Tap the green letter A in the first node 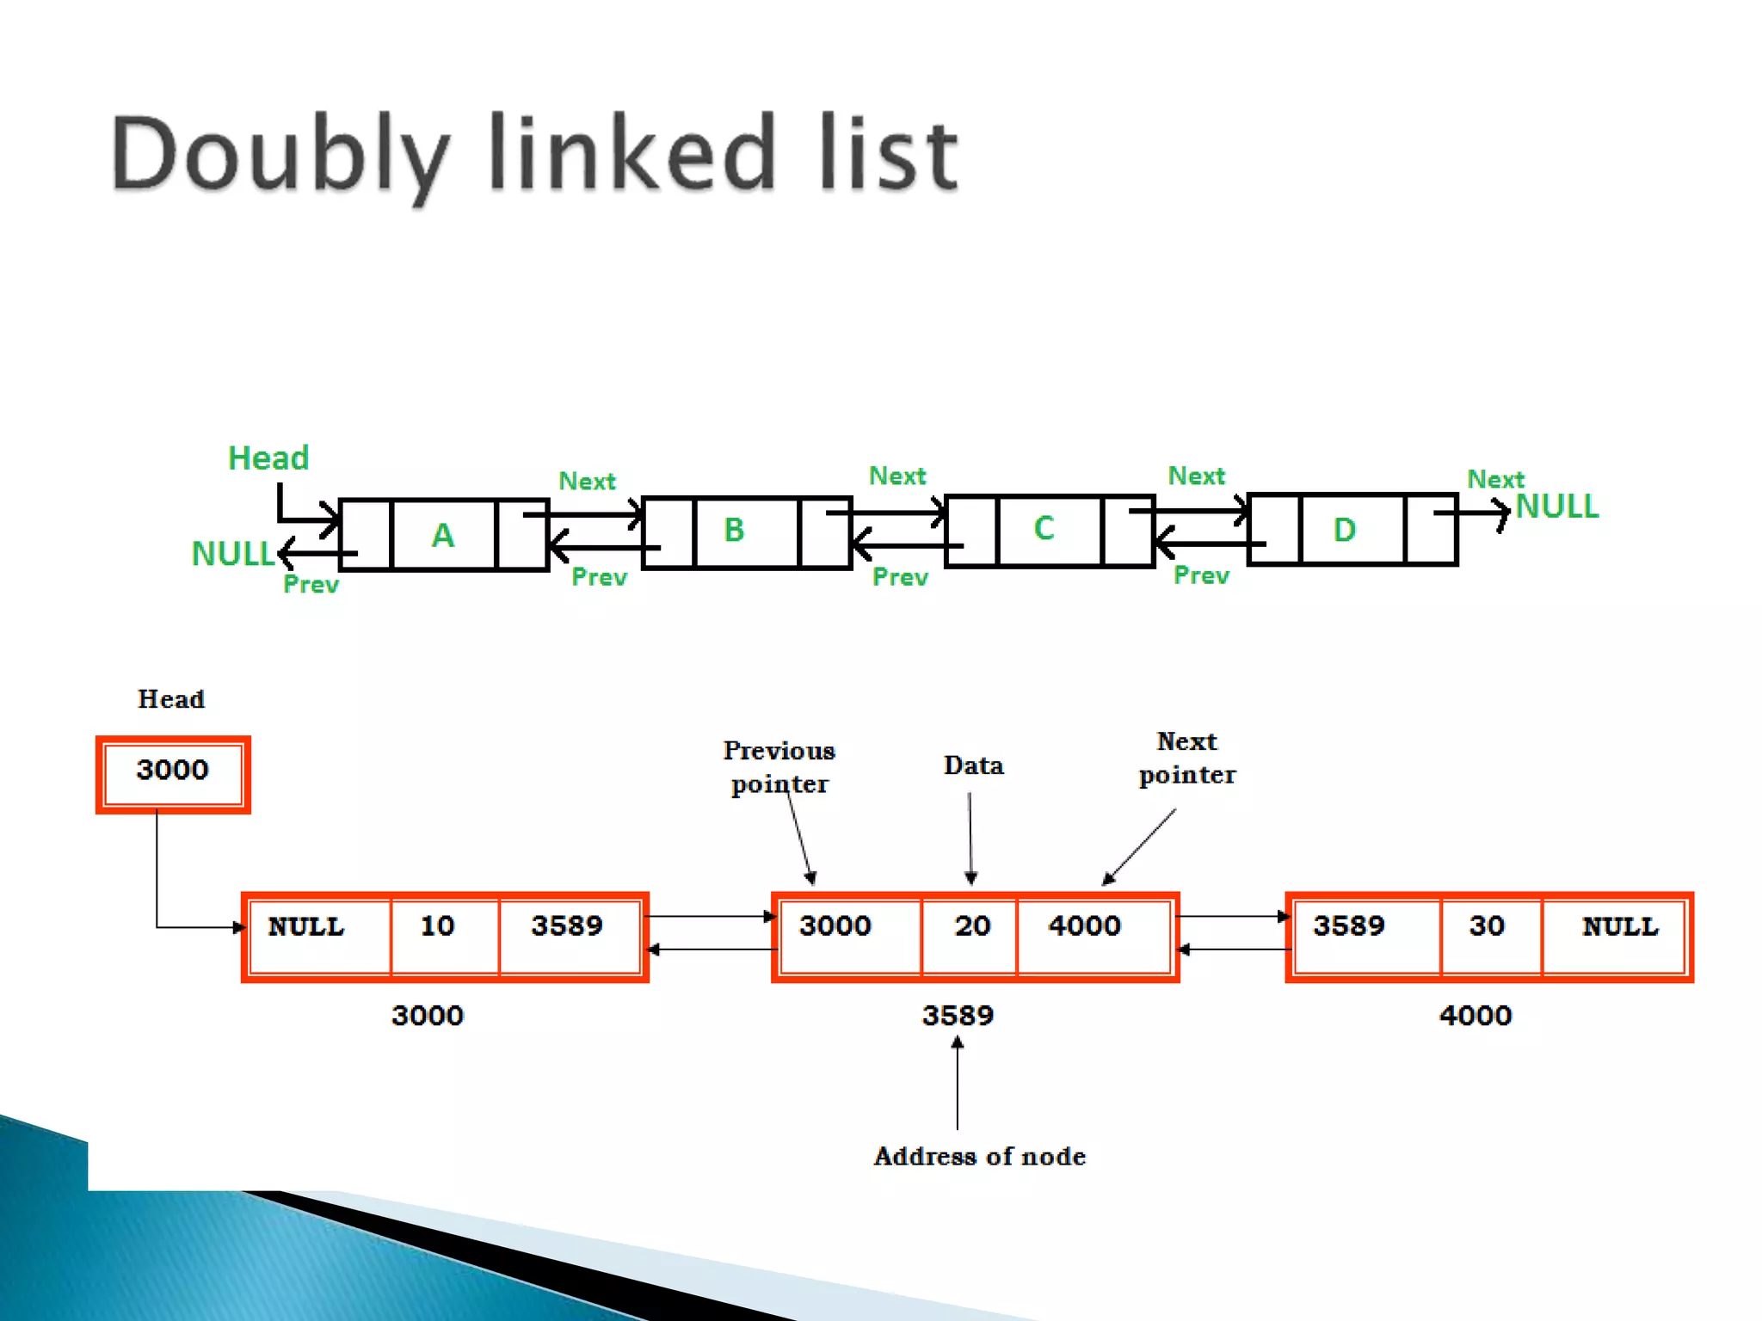coord(443,536)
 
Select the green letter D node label coord(1344,530)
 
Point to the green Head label coord(268,458)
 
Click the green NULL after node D coord(1557,507)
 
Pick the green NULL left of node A coord(232,554)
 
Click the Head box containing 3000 coord(173,771)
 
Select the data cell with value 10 coord(438,926)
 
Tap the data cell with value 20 coord(972,926)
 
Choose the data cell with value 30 coord(1487,926)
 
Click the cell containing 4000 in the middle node coord(1085,926)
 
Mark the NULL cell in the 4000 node coord(1620,926)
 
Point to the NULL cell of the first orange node coord(306,926)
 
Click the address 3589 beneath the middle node coord(958,1016)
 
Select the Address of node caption coord(980,1157)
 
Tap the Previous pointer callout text coord(779,767)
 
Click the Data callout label coord(974,765)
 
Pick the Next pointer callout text coord(1187,758)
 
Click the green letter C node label coord(1044,528)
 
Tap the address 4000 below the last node coord(1476,1016)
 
